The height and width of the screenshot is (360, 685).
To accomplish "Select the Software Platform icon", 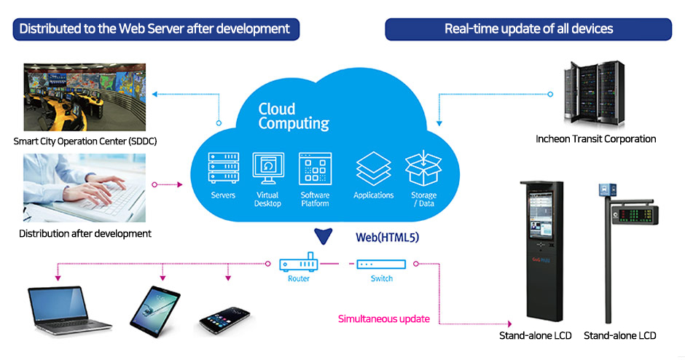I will pos(315,168).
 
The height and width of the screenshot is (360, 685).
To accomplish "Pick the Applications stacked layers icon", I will pos(373,168).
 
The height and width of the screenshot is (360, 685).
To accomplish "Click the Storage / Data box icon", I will pos(424,168).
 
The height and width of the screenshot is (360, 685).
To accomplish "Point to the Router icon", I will pos(298,263).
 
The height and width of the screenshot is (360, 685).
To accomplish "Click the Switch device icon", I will pos(380,264).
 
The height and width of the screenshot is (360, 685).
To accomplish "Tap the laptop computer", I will pos(68,308).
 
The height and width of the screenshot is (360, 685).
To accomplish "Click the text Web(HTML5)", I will pos(387,238).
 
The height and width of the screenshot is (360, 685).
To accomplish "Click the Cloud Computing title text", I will pos(294,117).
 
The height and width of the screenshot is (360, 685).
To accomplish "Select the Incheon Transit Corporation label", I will pos(595,139).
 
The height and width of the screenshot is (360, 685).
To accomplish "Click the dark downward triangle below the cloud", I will pos(323,235).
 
